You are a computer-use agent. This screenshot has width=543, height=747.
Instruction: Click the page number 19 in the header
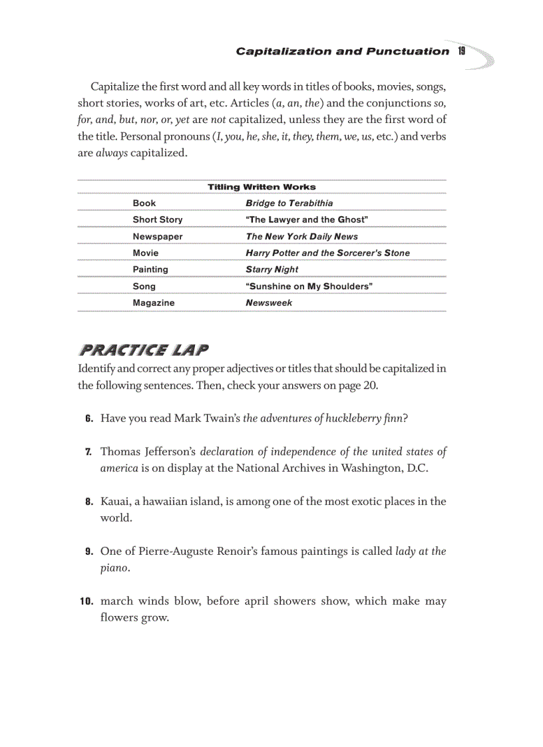[x=461, y=51]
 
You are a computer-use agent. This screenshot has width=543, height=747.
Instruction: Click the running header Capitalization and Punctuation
[x=342, y=51]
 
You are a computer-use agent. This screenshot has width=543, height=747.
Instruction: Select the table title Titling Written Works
[x=262, y=187]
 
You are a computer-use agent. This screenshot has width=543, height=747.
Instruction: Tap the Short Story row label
[x=157, y=220]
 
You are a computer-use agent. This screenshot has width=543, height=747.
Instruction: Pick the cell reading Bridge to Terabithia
[x=289, y=203]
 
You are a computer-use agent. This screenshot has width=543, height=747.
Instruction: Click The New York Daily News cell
[x=301, y=236]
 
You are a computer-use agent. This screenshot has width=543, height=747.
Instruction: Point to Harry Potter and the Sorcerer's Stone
[x=327, y=253]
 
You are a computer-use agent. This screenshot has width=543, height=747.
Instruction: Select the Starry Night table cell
[x=271, y=269]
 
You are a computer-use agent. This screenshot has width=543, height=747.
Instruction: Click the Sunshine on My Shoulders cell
[x=309, y=286]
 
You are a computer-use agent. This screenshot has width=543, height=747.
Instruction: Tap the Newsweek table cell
[x=269, y=303]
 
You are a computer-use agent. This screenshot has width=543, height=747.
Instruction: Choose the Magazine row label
[x=153, y=303]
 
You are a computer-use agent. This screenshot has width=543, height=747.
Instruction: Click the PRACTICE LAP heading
[x=144, y=350]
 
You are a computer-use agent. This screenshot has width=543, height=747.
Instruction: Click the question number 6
[x=89, y=418]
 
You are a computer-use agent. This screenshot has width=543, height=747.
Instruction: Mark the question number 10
[x=86, y=601]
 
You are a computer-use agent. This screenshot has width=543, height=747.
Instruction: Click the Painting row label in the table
[x=150, y=269]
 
